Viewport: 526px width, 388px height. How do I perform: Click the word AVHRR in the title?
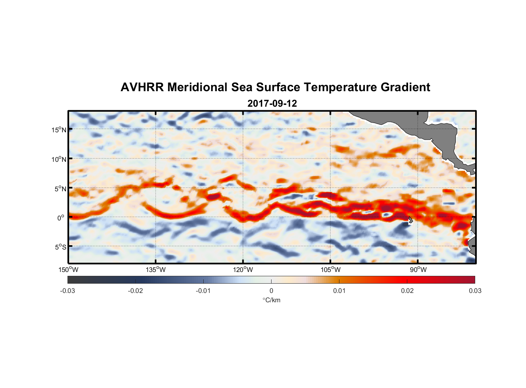click(142, 87)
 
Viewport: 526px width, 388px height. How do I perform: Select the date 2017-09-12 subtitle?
click(272, 104)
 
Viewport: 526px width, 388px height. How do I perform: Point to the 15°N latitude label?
click(59, 130)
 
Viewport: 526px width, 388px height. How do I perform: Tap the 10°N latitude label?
click(59, 159)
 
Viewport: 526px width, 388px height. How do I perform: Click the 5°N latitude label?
click(60, 189)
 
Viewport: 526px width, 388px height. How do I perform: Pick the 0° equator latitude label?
click(61, 218)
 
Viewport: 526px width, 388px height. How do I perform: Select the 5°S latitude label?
click(60, 247)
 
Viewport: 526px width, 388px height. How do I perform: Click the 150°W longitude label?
click(68, 270)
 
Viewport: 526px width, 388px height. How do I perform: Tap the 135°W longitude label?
click(156, 270)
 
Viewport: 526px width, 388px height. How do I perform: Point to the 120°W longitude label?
click(243, 270)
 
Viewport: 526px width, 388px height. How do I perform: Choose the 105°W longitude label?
click(330, 270)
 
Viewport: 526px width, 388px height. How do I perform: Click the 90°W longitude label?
click(418, 270)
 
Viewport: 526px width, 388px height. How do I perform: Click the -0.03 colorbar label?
click(67, 291)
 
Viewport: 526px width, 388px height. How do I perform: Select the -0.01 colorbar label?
click(203, 291)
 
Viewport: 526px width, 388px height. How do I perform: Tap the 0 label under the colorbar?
click(271, 291)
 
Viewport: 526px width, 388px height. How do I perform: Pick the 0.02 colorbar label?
click(407, 291)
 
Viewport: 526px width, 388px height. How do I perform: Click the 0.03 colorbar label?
click(475, 291)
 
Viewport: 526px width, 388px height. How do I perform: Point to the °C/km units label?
click(272, 300)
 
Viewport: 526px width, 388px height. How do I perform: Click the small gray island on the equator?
click(410, 220)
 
